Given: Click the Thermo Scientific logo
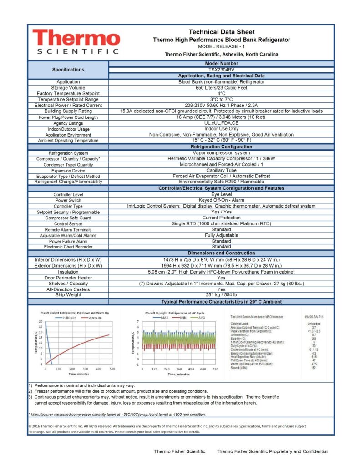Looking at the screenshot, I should [x=76, y=41].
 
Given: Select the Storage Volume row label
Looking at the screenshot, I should [x=68, y=88].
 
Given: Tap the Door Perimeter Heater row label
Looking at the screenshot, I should [x=68, y=278].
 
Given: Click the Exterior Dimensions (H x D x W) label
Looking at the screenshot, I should [x=68, y=266].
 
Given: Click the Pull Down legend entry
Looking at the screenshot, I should [x=70, y=318].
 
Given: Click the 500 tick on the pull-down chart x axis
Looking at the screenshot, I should [x=112, y=369].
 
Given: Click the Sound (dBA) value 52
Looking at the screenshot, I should [x=314, y=368].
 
